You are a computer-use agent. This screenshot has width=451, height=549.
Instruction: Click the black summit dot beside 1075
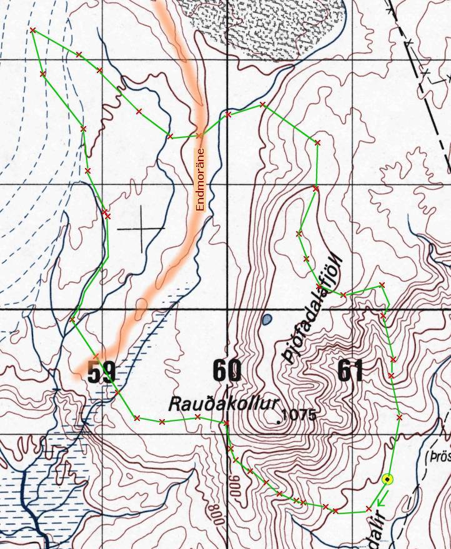pyautogui.click(x=278, y=422)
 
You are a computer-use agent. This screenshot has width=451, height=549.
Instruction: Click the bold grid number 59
pyautogui.click(x=101, y=372)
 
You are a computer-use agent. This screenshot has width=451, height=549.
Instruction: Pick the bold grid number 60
pyautogui.click(x=226, y=371)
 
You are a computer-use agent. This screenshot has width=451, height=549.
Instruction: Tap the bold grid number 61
pyautogui.click(x=351, y=371)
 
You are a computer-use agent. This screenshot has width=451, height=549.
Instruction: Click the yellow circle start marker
pyautogui.click(x=387, y=479)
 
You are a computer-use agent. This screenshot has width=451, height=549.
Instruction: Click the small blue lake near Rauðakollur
pyautogui.click(x=267, y=320)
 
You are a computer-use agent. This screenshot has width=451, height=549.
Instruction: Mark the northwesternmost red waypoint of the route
pyautogui.click(x=32, y=30)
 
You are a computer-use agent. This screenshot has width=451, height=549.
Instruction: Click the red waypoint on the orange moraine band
pyautogui.click(x=199, y=135)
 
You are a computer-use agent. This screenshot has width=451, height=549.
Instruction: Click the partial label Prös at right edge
pyautogui.click(x=439, y=457)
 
